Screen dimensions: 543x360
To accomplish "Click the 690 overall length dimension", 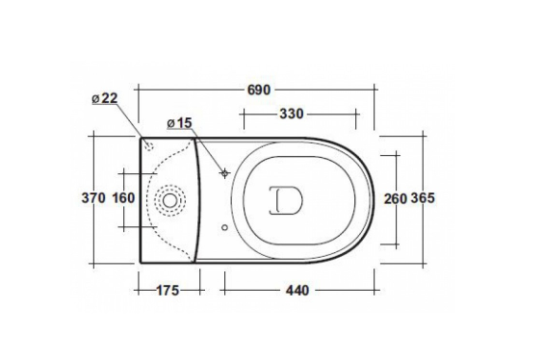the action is tap(259, 90).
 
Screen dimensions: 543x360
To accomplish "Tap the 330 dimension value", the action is tap(292, 114).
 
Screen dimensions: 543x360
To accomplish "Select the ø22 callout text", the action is tap(105, 98).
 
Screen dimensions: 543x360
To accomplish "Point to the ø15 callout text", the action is tap(179, 123).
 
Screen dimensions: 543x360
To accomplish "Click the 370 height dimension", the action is tap(93, 198).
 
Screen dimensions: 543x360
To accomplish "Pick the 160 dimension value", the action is tap(123, 198).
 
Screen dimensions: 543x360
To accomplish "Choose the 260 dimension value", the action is tap(395, 198).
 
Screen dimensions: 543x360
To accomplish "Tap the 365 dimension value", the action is tap(423, 198).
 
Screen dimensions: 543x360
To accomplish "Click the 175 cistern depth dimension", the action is tap(168, 291).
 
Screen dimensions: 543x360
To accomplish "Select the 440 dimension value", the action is tap(297, 291).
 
